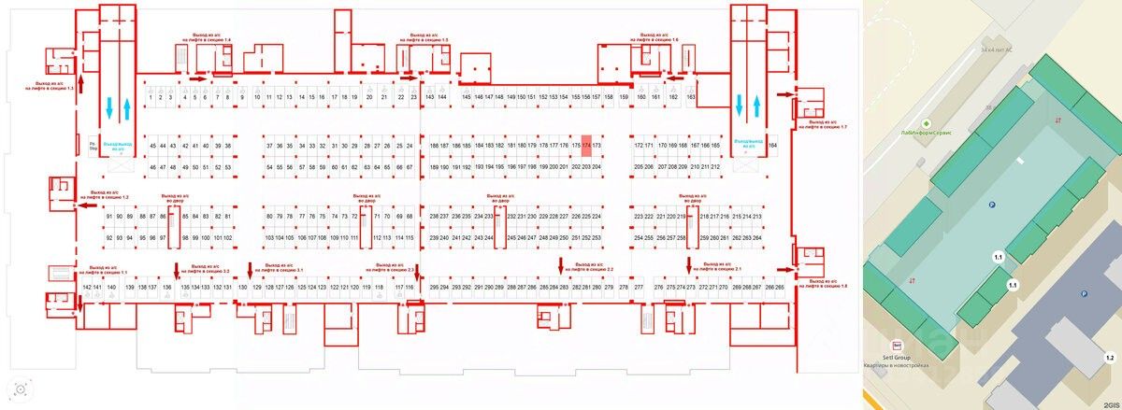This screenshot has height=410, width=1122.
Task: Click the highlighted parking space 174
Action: tap(586, 147)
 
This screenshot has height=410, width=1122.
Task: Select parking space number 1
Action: tap(151, 97)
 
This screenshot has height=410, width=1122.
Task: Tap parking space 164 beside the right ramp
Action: tap(772, 147)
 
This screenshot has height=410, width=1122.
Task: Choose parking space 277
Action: tap(639, 286)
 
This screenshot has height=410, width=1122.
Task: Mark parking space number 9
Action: tap(242, 97)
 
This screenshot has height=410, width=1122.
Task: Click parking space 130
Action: tap(245, 286)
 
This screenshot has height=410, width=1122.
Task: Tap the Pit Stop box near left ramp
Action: tap(93, 147)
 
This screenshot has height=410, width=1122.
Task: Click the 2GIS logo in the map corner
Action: tap(1110, 404)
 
